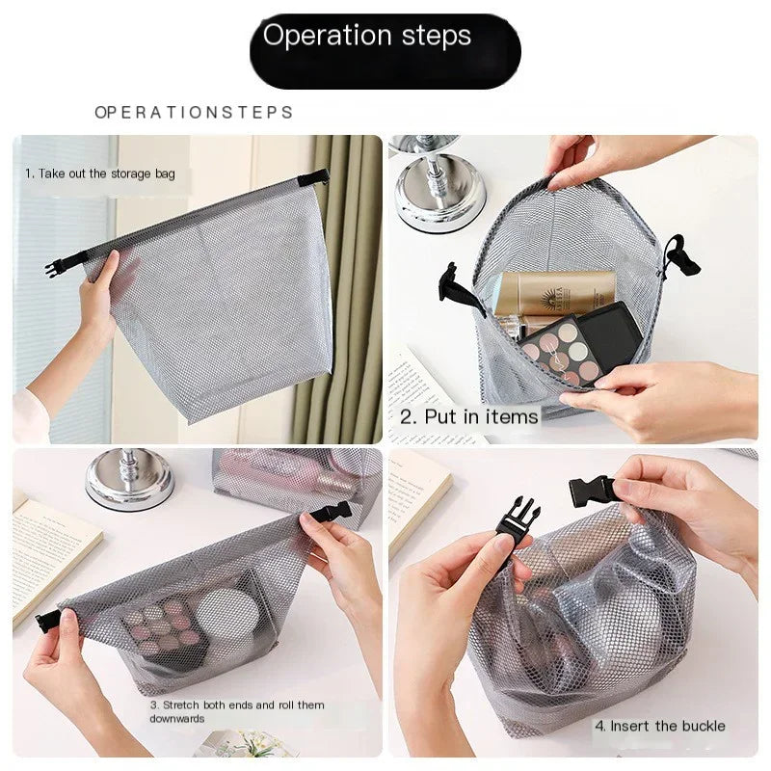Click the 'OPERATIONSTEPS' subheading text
click(x=194, y=113)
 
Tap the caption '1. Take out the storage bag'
click(x=107, y=174)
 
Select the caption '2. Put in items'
click(x=469, y=415)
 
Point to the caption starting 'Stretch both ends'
click(x=237, y=711)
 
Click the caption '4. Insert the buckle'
click(x=659, y=726)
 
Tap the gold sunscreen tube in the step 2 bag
click(x=554, y=293)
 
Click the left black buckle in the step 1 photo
click(x=56, y=267)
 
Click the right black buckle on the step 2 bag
click(x=683, y=256)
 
